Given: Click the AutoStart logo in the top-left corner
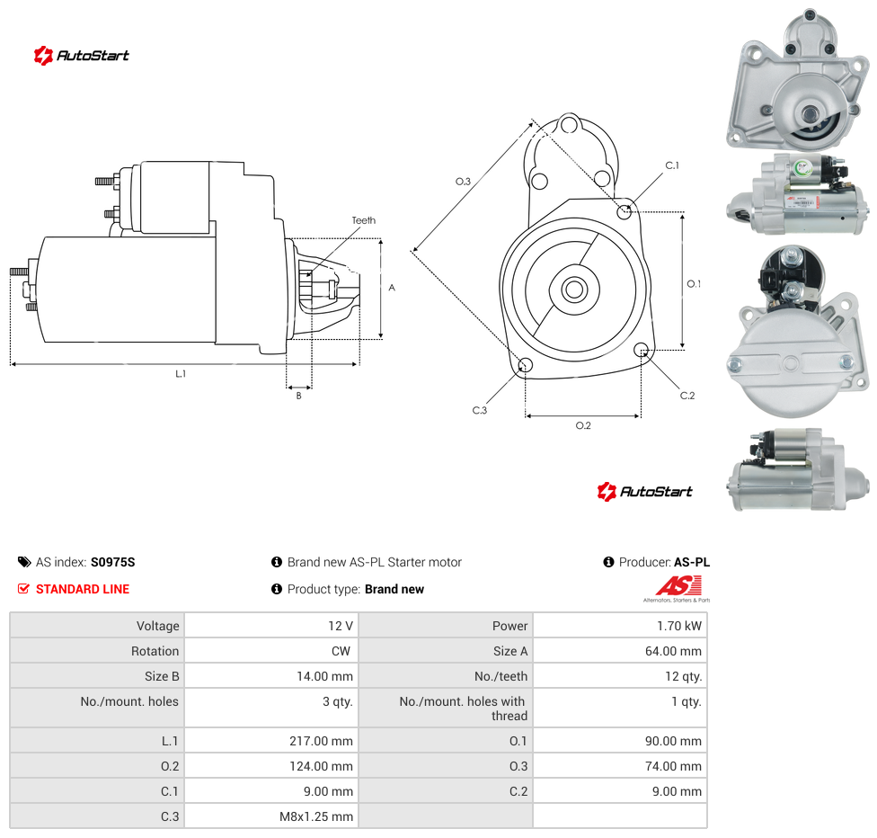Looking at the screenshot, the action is [82, 56].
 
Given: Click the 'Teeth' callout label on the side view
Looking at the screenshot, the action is [364, 220].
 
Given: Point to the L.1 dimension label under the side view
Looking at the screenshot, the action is [181, 373].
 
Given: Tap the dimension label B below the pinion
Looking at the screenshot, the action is [298, 396].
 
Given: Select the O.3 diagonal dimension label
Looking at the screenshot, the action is [463, 182].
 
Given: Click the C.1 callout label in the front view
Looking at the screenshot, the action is [672, 165].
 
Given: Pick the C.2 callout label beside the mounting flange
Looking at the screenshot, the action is [687, 396].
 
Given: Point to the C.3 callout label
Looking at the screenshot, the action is [479, 410].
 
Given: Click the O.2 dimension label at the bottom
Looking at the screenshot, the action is [583, 425].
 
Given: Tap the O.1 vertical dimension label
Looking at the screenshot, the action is [694, 284].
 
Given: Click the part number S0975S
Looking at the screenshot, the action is [113, 562].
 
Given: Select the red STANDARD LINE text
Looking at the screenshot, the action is [83, 589].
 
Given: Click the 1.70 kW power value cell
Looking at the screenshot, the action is [679, 626].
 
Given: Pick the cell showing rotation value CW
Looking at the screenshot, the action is [341, 651].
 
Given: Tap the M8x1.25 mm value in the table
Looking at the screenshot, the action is [316, 816].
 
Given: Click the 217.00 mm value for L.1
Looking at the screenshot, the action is [321, 741].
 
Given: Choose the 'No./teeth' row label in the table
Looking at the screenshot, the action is [501, 676].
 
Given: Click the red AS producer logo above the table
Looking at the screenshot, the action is [678, 588].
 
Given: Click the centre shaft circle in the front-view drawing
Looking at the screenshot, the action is [574, 290].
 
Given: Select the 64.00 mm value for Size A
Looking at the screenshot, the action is [673, 651].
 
